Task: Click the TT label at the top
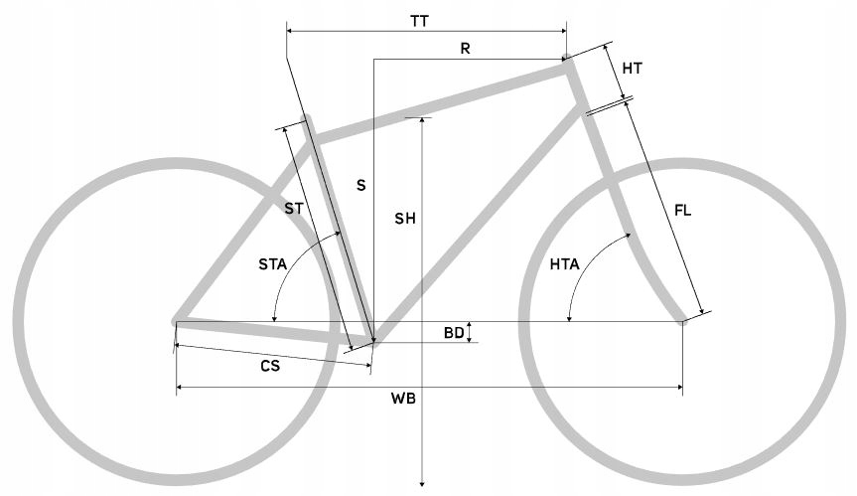click(420, 21)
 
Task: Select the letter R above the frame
click(465, 49)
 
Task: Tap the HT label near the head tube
click(633, 69)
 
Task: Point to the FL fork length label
click(682, 210)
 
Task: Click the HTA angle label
click(565, 264)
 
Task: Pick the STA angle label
click(273, 264)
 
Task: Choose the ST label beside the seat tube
click(294, 209)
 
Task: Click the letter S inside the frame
click(360, 186)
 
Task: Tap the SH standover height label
click(405, 219)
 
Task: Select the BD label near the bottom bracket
click(454, 333)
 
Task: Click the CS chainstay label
click(270, 366)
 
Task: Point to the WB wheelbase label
click(403, 399)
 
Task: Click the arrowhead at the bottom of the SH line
click(422, 483)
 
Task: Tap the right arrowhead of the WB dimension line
click(680, 388)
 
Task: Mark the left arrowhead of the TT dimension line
click(290, 32)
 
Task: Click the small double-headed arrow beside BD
click(469, 333)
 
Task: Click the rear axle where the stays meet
click(176, 321)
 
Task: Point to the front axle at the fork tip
click(682, 321)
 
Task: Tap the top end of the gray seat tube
click(307, 117)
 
